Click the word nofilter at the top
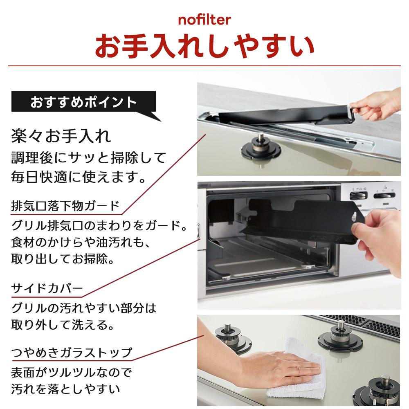[204, 20]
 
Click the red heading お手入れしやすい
[204, 46]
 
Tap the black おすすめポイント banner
[83, 102]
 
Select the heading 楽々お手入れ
[61, 136]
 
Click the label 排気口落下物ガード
[65, 206]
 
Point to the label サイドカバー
[47, 288]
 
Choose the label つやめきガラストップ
[72, 353]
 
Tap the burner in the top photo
[261, 148]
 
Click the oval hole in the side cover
[354, 216]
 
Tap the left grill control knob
[359, 196]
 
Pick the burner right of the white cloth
[340, 337]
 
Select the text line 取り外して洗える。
[63, 325]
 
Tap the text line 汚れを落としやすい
[65, 389]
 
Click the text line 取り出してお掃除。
[63, 259]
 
